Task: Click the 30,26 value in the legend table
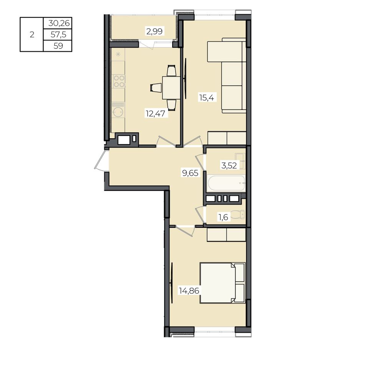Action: (59, 23)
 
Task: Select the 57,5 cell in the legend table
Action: (58, 35)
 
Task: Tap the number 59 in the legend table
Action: (58, 46)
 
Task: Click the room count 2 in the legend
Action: (32, 35)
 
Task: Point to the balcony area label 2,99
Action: (154, 31)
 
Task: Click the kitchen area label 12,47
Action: (155, 114)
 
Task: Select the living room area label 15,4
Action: (206, 97)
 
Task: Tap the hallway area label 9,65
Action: (190, 173)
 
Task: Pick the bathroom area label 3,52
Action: (229, 166)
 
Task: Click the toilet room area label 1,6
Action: (223, 217)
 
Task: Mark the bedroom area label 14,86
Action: (189, 291)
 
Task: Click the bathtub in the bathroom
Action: (226, 183)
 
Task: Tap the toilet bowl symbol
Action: (238, 214)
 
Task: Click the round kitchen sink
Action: (118, 113)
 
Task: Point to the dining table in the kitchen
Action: (171, 88)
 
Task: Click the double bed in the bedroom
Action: (222, 283)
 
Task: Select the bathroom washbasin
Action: (240, 161)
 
